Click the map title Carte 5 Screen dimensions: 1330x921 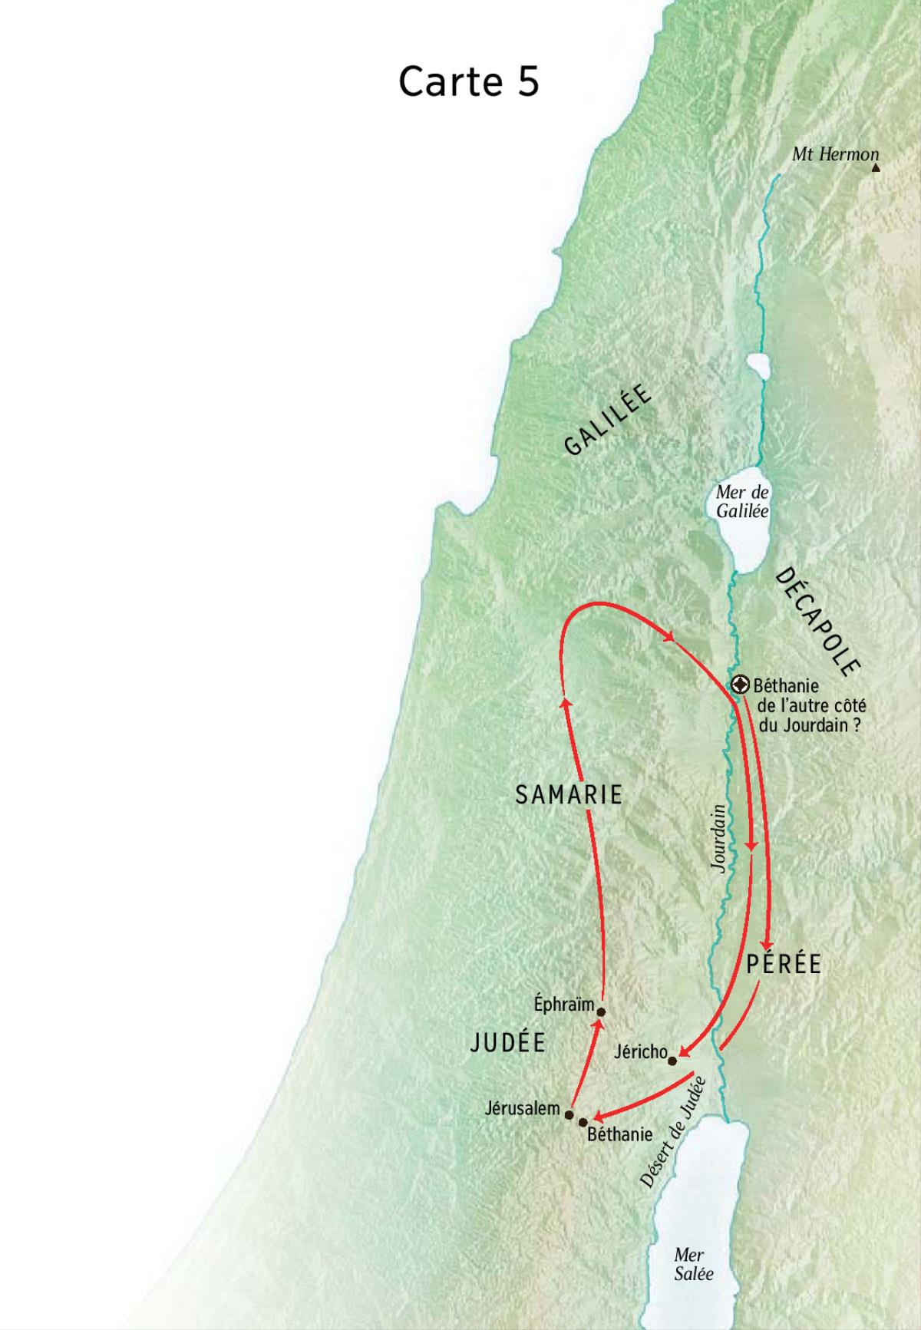(468, 81)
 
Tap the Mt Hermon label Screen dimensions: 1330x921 (835, 154)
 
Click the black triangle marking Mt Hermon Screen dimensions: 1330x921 (876, 167)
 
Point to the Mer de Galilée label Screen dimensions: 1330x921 (742, 501)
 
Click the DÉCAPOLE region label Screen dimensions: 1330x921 (815, 622)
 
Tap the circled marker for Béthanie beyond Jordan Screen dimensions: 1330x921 (740, 684)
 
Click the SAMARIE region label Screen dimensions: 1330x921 (569, 795)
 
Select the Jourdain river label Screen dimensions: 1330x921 (718, 838)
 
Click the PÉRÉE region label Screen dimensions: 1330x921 (784, 964)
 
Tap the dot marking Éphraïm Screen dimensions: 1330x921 (601, 1012)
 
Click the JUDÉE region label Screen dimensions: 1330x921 (508, 1042)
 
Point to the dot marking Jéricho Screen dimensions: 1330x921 (672, 1061)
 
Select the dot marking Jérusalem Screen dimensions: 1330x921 (569, 1114)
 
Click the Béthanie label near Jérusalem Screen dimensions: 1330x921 (619, 1134)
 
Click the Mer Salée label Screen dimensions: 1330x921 (693, 1264)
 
